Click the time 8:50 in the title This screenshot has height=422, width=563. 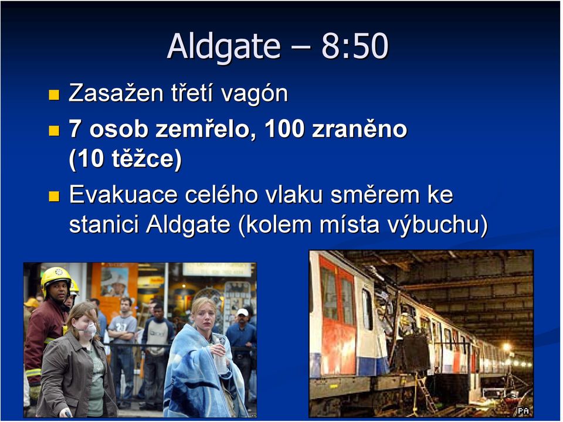pos(355,46)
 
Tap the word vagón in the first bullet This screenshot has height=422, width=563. pos(254,94)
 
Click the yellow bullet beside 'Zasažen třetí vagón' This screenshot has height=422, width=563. pos(54,95)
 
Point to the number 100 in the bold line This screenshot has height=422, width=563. pos(284,129)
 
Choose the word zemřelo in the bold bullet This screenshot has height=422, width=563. pos(202,128)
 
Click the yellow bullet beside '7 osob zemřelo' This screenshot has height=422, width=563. pos(54,130)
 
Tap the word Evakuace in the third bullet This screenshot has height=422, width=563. pos(123,195)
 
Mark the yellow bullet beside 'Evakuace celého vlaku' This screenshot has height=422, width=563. pos(54,196)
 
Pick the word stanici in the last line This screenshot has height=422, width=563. pos(104,224)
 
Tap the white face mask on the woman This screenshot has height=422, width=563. pos(90,329)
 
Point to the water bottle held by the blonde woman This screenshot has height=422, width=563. pos(220,357)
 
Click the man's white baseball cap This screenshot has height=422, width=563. pos(243,312)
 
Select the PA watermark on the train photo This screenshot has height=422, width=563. pos(523,410)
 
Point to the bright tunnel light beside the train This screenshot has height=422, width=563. pos(506,346)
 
